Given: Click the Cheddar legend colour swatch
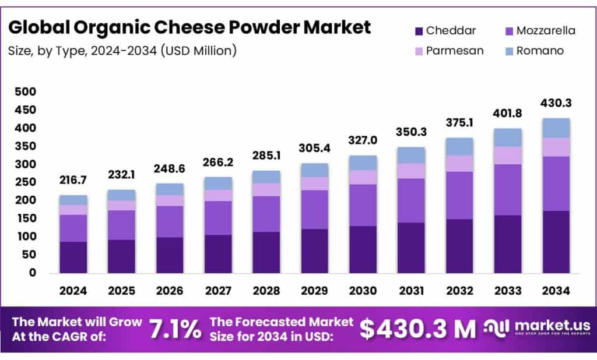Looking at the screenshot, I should [x=418, y=31].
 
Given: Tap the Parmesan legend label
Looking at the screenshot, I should [x=455, y=51].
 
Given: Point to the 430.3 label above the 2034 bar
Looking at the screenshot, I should [x=556, y=103].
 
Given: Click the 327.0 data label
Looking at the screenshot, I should [x=363, y=141].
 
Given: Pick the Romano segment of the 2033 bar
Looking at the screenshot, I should [x=507, y=137].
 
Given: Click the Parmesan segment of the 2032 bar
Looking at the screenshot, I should [x=459, y=163].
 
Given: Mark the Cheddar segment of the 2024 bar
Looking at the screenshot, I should [x=73, y=257].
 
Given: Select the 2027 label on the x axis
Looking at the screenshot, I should [x=218, y=290].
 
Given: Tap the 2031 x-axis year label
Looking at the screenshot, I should [x=411, y=290].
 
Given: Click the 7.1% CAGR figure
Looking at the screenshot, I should [x=175, y=330].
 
